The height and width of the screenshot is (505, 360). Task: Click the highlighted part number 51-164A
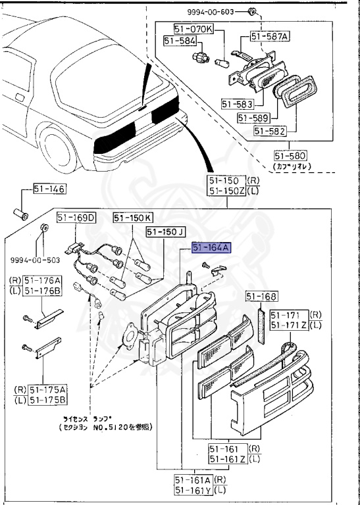tap(211, 248)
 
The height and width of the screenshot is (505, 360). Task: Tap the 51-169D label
tap(76, 217)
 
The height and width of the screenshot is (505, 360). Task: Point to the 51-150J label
tap(165, 231)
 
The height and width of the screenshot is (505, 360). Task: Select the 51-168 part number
tap(263, 297)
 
